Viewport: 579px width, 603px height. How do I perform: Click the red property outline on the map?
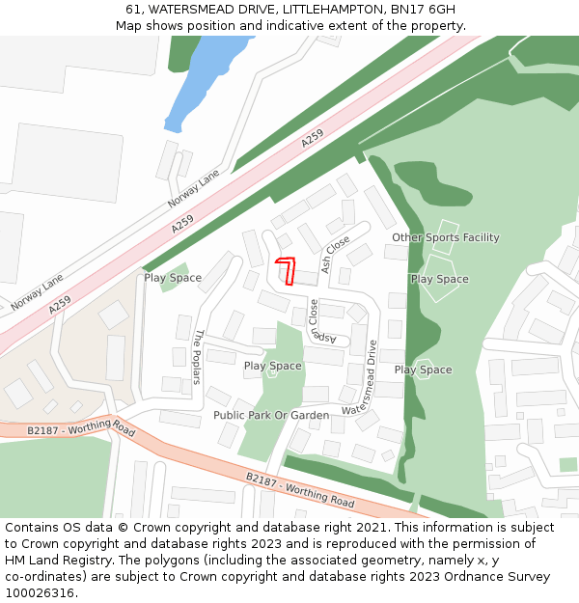pyautogui.click(x=286, y=269)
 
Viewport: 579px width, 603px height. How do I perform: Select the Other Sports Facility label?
pyautogui.click(x=445, y=237)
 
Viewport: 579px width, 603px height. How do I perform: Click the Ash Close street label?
pyautogui.click(x=336, y=254)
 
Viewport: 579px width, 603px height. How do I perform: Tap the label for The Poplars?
pyautogui.click(x=199, y=357)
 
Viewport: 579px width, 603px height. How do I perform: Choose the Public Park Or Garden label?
pyautogui.click(x=271, y=416)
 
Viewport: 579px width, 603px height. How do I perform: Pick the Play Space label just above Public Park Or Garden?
pyautogui.click(x=272, y=367)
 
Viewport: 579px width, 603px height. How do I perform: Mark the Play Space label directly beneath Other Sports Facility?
pyautogui.click(x=439, y=280)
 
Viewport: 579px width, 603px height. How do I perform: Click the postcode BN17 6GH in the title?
pyautogui.click(x=423, y=10)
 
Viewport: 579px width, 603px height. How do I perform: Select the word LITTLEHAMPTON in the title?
pyautogui.click(x=328, y=10)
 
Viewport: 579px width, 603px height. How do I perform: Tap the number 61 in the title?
pyautogui.click(x=133, y=10)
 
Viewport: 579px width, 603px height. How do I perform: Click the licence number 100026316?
pyautogui.click(x=42, y=593)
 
